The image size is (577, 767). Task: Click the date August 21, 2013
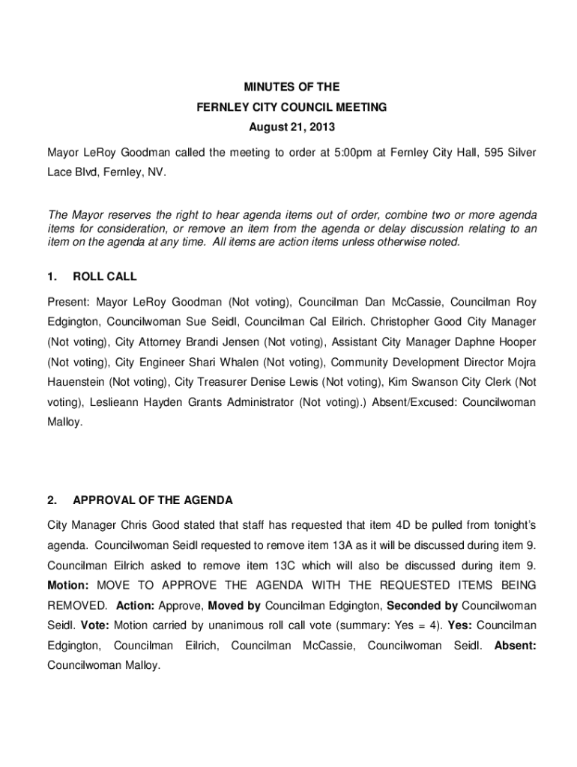pos(288,127)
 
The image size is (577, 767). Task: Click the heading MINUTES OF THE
pos(288,88)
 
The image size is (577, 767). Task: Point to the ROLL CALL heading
pos(104,276)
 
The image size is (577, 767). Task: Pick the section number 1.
pos(52,276)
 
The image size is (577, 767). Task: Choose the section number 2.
pos(52,500)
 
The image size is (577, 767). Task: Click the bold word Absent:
pos(516,646)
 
